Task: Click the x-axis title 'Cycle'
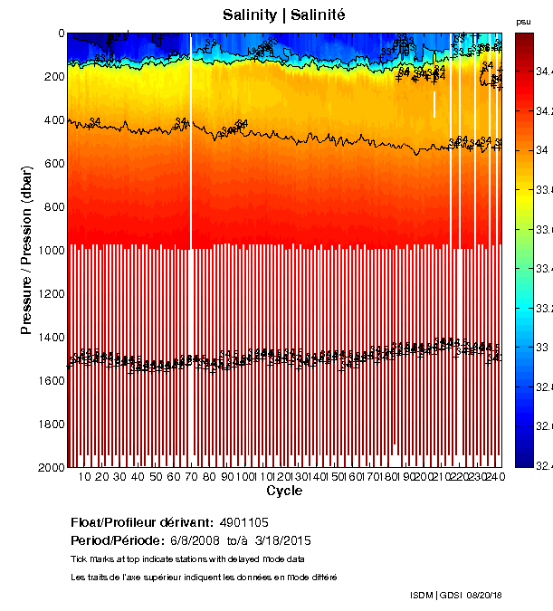284,491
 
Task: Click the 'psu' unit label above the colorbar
523,21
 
